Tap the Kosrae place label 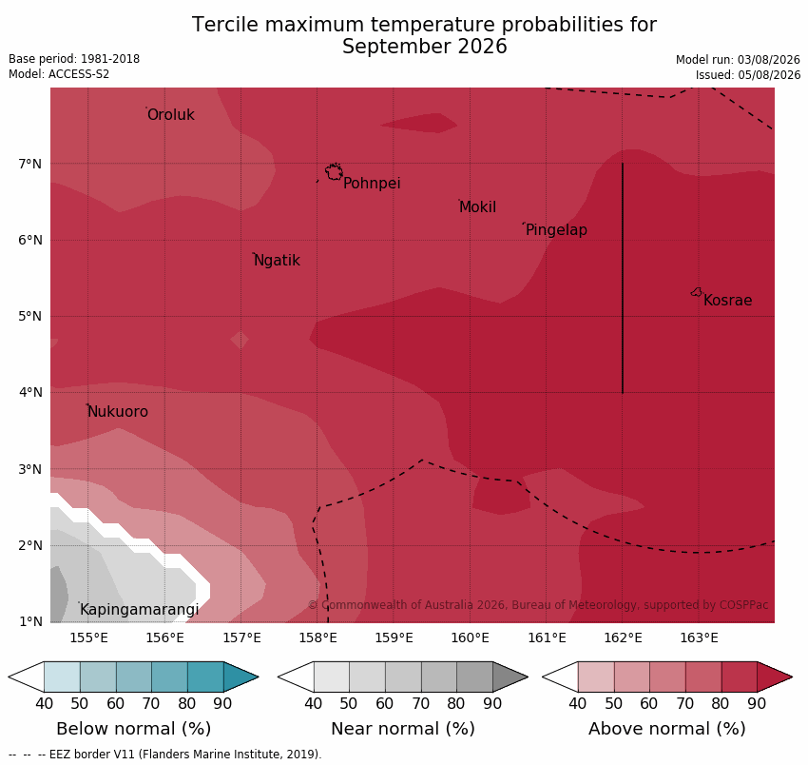click(x=727, y=301)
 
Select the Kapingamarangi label click(x=139, y=610)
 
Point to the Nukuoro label click(x=118, y=412)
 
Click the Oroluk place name click(x=170, y=114)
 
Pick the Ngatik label click(x=277, y=261)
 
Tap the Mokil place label click(x=477, y=207)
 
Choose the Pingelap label click(x=556, y=230)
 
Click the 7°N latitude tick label click(x=29, y=165)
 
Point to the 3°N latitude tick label click(x=29, y=469)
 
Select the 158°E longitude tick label click(x=317, y=638)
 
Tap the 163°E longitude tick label click(x=700, y=638)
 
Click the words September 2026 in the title click(x=425, y=47)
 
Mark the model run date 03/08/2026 click(x=768, y=60)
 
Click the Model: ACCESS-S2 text click(x=59, y=74)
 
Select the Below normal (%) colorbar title click(x=133, y=729)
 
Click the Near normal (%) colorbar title click(x=402, y=729)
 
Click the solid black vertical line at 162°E click(x=623, y=278)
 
